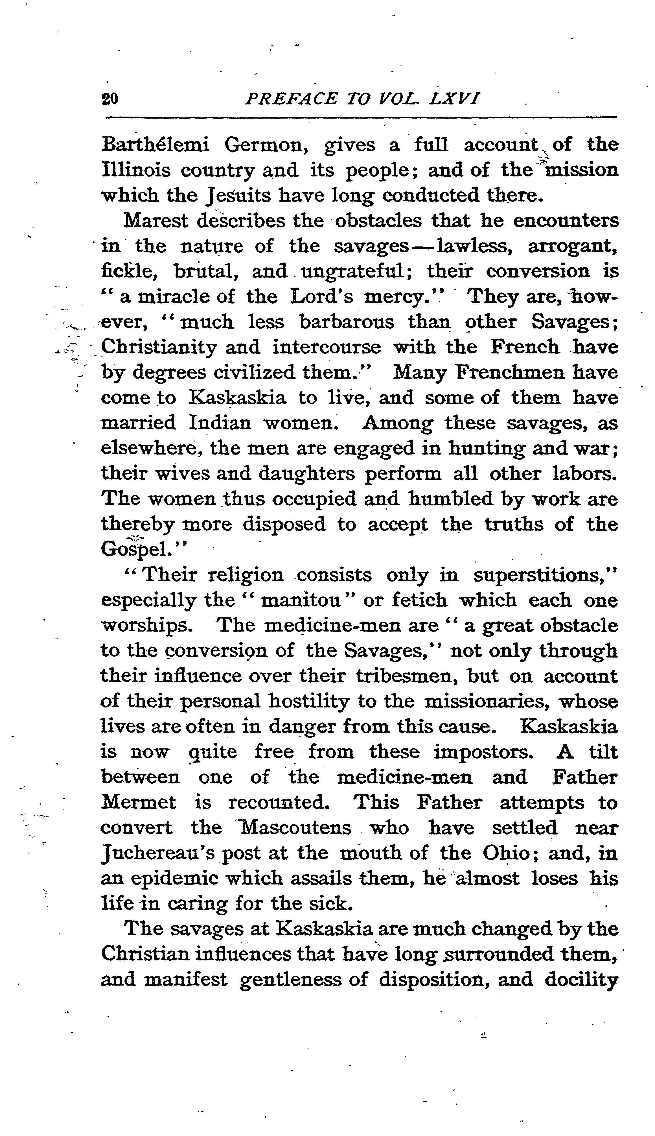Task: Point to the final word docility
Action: coord(581,979)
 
